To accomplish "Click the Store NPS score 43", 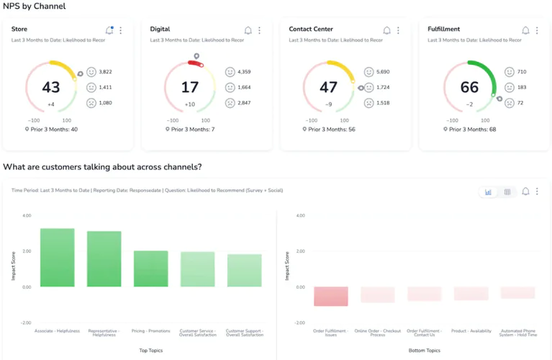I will pos(51,88).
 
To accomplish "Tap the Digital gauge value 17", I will pos(190,88).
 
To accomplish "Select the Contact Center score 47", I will pos(328,88).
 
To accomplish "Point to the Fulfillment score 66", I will pos(469,88).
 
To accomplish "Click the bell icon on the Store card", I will pos(109,30).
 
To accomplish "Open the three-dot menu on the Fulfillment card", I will pos(537,30).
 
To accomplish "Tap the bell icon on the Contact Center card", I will pos(386,30).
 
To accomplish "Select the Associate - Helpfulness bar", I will pos(58,258).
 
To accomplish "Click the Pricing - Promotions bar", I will pos(151,269).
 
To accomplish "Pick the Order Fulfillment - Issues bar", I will pos(330,296).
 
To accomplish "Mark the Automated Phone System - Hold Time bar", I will pos(517,292).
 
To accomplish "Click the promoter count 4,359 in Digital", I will pos(244,72).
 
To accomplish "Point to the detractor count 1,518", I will pos(383,103).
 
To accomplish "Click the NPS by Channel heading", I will pos(35,6).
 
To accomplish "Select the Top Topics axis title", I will pos(151,350).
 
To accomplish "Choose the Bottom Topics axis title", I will pos(424,350).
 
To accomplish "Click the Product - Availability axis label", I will pos(471,331).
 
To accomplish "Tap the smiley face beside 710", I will pos(510,72).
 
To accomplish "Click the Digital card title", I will pos(160,30).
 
